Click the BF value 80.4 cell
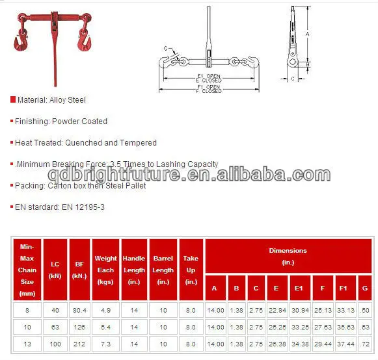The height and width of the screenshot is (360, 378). coord(79,311)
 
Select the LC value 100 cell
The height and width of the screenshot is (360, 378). coord(54,343)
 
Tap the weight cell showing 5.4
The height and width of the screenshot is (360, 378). coord(105,327)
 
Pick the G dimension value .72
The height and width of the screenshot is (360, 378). coord(365,343)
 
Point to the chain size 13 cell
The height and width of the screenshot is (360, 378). coord(27,343)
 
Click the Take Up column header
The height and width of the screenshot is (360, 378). coord(191,270)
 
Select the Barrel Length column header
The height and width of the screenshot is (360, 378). coord(163,270)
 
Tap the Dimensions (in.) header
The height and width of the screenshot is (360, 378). coord(288,256)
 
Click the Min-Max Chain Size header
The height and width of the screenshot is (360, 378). coord(27,270)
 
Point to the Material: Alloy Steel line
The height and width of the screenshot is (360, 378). coord(50,100)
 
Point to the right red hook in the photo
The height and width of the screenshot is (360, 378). coord(85,43)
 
